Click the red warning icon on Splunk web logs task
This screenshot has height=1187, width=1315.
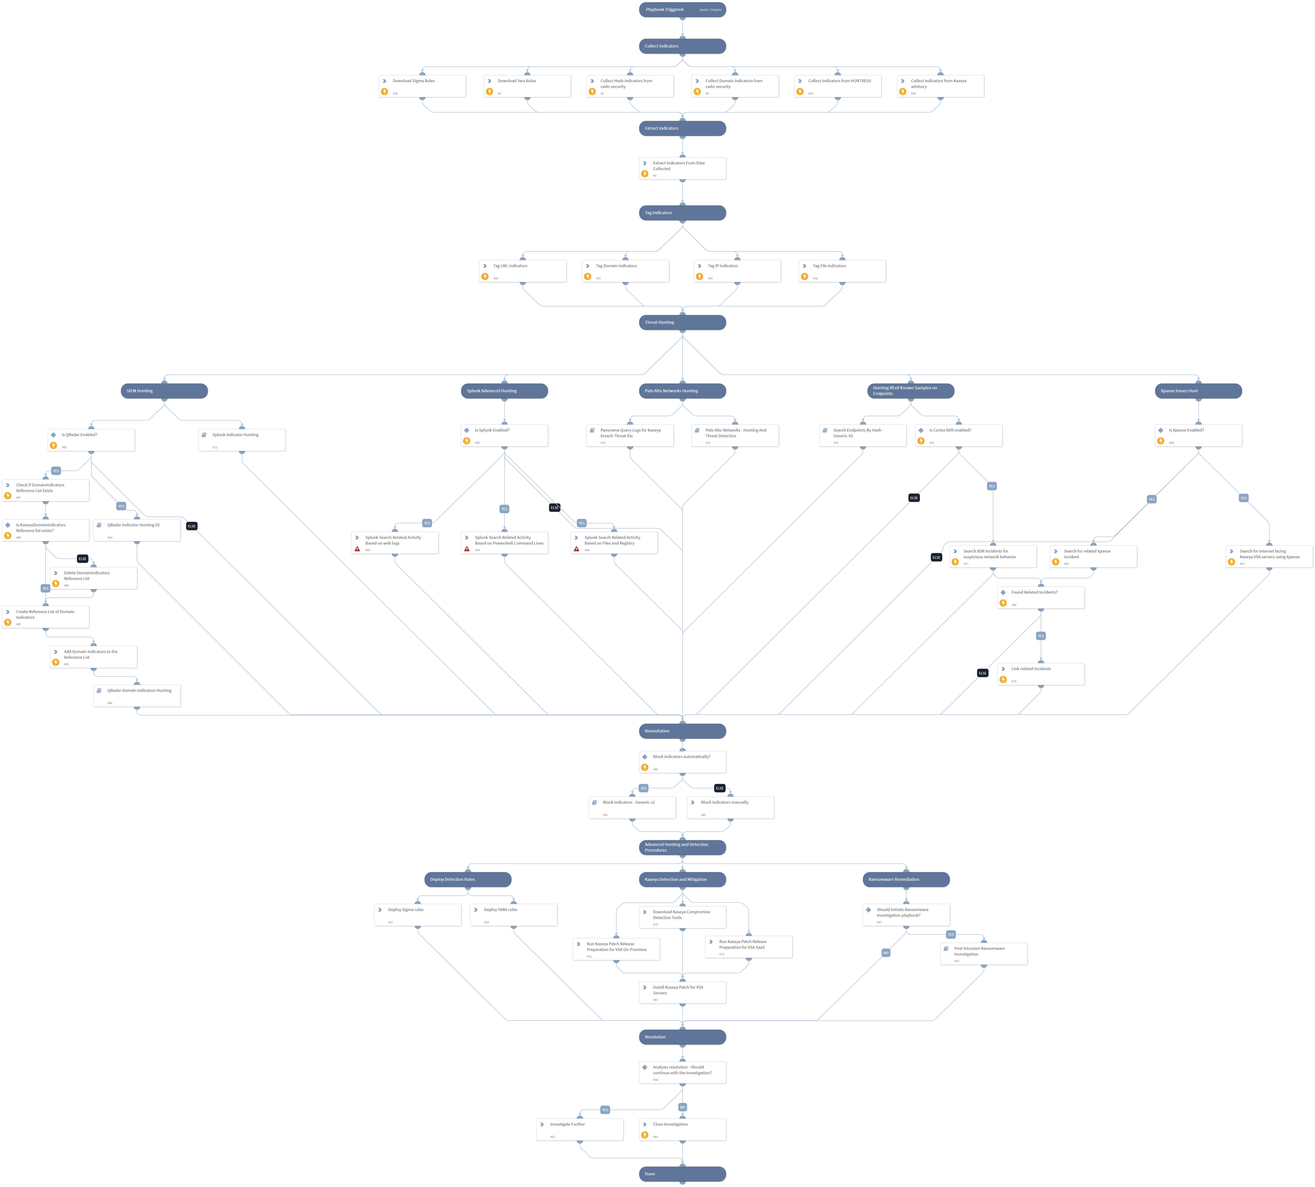pos(358,549)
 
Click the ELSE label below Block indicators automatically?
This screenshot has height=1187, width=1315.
pos(719,788)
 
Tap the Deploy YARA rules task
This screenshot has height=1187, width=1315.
pos(513,914)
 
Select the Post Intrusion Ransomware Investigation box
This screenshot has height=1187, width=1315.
pos(984,953)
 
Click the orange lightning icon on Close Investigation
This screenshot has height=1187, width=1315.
pos(644,1135)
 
